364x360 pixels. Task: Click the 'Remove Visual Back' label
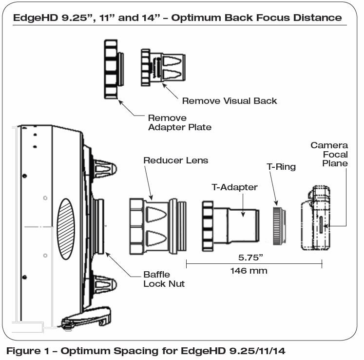click(x=229, y=101)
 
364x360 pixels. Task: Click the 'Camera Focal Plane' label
click(x=329, y=154)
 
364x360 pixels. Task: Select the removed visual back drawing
click(x=162, y=66)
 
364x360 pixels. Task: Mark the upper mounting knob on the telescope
click(x=104, y=168)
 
